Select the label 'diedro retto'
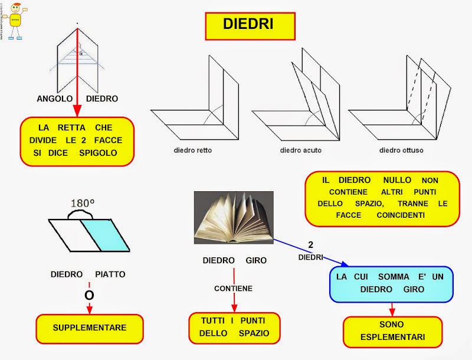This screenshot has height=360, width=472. tap(193, 150)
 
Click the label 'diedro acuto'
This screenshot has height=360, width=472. tap(300, 150)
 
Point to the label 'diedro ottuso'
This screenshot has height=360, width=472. tap(401, 150)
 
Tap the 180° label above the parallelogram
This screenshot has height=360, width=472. tap(83, 204)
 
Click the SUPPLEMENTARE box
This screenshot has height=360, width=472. tap(89, 327)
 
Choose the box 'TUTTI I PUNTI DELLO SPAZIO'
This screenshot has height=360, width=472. tap(234, 328)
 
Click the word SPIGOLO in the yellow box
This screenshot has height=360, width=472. tap(98, 153)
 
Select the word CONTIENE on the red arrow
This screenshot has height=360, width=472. tap(234, 289)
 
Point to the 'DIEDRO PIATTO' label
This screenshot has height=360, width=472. tap(88, 274)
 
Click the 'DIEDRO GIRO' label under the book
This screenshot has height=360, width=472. tap(234, 260)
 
